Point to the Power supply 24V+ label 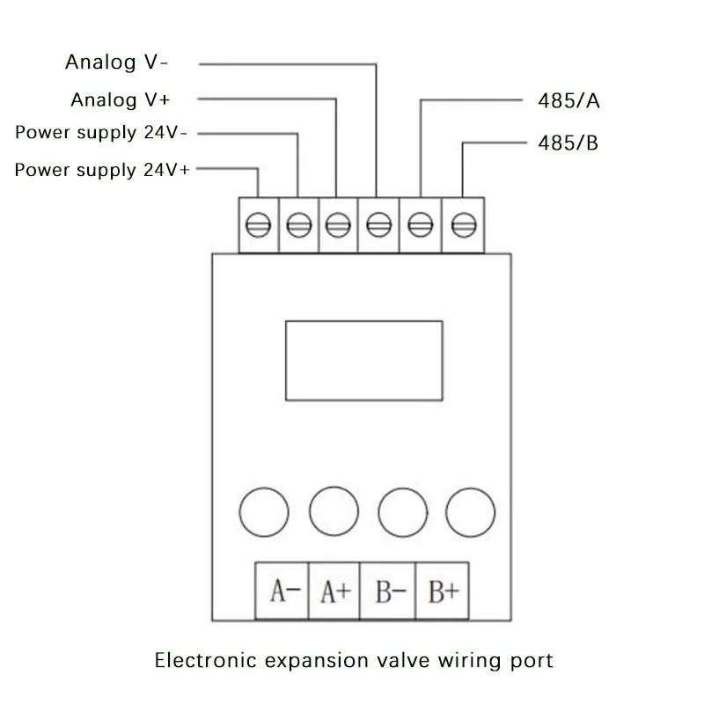(102, 170)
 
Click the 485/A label (568, 100)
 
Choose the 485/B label (568, 143)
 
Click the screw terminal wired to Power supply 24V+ (258, 226)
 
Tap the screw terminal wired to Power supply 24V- (298, 226)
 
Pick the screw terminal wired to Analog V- (378, 226)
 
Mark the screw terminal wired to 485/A (420, 226)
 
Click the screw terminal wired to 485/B (460, 226)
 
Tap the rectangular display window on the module (361, 361)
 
